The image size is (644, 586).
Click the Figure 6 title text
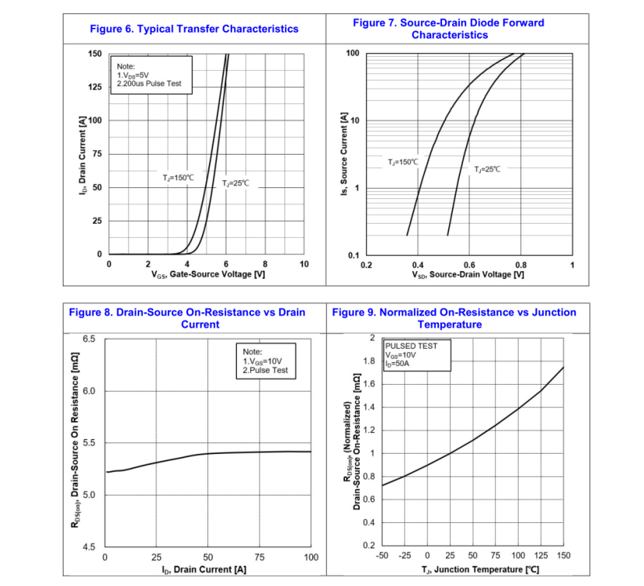[x=194, y=29]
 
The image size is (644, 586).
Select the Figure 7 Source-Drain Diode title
[x=448, y=29]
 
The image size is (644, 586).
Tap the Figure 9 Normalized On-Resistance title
[x=454, y=318]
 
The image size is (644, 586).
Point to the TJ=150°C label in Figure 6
[x=179, y=178]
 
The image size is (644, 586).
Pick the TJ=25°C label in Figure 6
[x=235, y=183]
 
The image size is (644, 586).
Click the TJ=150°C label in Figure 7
[x=403, y=162]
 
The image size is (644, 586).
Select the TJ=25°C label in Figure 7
[x=487, y=169]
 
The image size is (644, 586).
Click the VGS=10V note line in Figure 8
[x=263, y=361]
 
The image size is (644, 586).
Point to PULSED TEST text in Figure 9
[x=411, y=346]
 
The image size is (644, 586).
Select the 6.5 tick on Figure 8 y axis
[x=89, y=339]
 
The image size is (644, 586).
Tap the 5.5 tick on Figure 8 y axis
[x=89, y=443]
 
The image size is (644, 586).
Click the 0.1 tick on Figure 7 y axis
[x=353, y=256]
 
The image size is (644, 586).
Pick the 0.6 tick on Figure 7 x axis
[x=469, y=265]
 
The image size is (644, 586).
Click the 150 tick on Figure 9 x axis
[x=563, y=556]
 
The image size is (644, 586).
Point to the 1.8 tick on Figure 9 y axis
[x=370, y=361]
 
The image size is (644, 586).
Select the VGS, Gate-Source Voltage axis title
[x=208, y=275]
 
